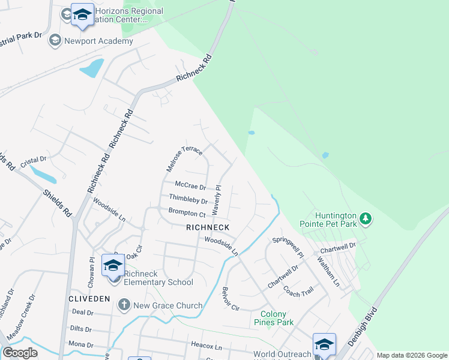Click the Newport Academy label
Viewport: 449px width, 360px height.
99,41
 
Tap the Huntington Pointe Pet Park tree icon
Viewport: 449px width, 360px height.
364,219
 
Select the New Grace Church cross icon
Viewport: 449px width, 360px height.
124,305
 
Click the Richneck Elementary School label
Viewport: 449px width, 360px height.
159,282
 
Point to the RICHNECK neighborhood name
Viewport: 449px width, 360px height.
208,227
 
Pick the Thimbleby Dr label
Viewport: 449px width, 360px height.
188,199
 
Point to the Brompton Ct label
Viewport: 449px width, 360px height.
187,212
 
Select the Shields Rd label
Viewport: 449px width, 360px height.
58,203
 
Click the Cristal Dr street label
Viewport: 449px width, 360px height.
33,160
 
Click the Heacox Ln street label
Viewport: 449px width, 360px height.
206,347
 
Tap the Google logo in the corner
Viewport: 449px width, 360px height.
20,353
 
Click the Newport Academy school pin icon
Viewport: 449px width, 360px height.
55,40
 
